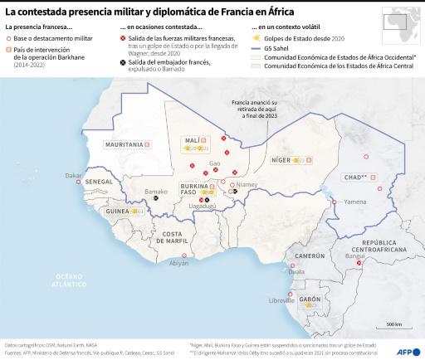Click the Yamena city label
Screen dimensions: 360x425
point(355,202)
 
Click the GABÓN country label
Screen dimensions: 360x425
point(310,299)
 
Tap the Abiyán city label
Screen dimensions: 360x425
point(179,263)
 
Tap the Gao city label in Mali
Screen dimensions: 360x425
point(214,163)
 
